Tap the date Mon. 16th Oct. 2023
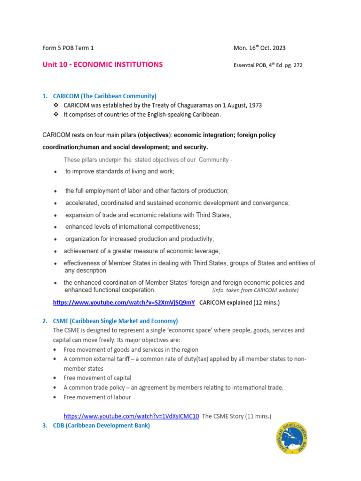(x=259, y=48)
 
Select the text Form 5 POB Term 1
(x=68, y=48)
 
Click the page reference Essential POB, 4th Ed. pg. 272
(x=268, y=65)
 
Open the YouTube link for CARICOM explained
(x=124, y=303)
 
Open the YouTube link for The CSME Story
(x=131, y=416)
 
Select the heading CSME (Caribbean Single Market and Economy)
(x=115, y=321)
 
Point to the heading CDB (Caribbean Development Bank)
(x=101, y=426)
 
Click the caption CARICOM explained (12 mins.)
(x=239, y=303)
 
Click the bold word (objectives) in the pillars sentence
(x=155, y=135)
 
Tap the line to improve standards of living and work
(x=120, y=171)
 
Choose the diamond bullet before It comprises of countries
(x=57, y=115)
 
